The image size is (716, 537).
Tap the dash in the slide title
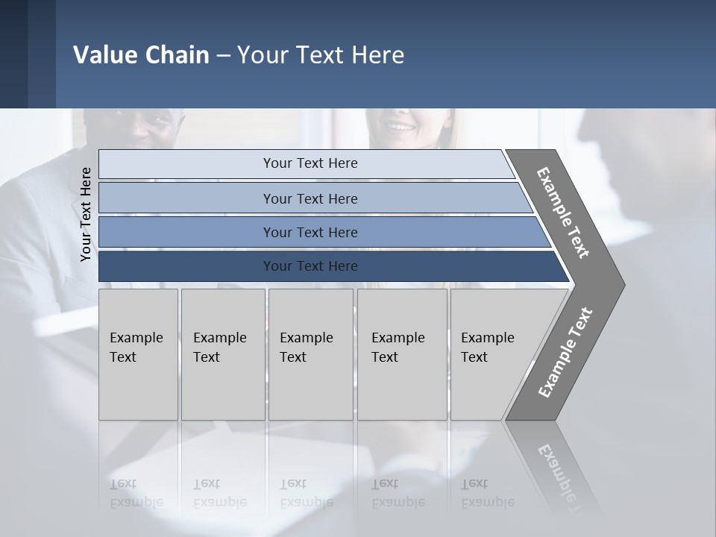[x=223, y=56]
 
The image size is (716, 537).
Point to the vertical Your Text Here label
[x=86, y=215]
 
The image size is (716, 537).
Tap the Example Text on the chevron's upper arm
[x=563, y=213]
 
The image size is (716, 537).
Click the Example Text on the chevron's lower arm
[x=565, y=353]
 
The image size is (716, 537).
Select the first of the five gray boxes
[x=138, y=354]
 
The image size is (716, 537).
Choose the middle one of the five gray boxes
[x=310, y=354]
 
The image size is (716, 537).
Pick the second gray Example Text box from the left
[x=223, y=354]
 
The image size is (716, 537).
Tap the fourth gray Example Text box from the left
[x=402, y=354]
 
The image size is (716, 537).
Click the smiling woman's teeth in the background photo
[x=401, y=127]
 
